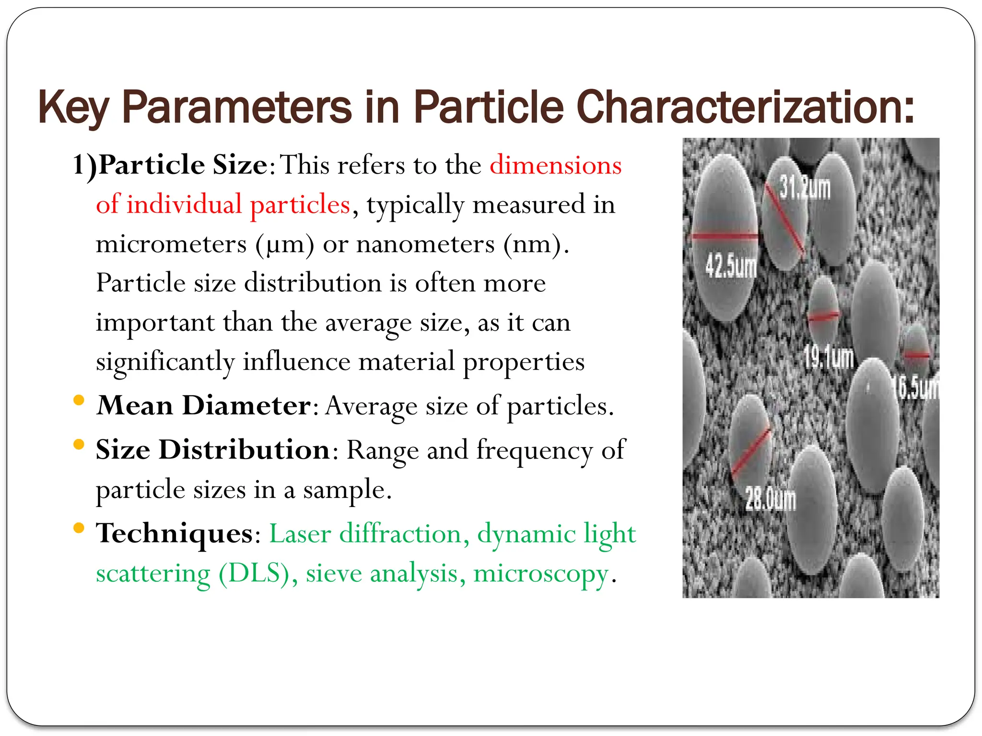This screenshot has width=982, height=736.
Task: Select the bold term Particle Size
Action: coord(183,165)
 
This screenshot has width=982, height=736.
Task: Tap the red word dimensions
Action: coord(555,165)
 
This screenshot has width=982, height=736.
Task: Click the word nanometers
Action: coord(425,244)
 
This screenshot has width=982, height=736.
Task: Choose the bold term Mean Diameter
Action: coord(204,405)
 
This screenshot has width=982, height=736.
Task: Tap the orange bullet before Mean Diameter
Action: coord(79,400)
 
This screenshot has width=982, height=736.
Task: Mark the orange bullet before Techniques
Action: coord(79,528)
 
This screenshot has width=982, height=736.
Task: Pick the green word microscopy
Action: coord(541,573)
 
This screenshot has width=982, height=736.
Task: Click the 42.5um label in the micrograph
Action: coord(730,266)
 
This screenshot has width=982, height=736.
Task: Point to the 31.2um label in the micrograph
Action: coord(805,187)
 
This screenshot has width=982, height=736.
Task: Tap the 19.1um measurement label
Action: coord(829,357)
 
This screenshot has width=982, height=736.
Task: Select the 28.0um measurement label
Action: coord(771,499)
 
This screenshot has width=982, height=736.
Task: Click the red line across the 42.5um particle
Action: coord(724,236)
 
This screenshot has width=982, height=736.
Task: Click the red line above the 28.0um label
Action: coord(751,451)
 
